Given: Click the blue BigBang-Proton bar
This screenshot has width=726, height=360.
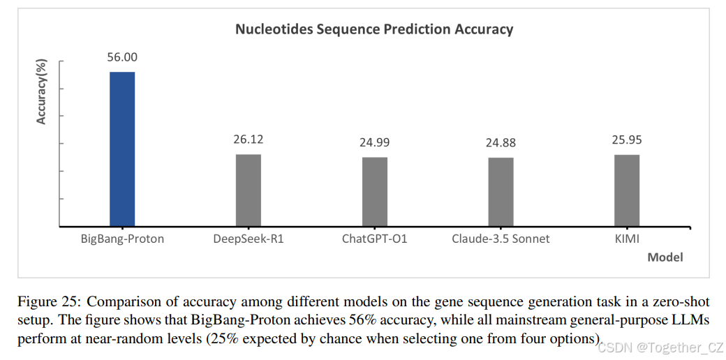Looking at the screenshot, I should (122, 149).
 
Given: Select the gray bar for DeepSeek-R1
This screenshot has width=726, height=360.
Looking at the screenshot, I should (248, 190).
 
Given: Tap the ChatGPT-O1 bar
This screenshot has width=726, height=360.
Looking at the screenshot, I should (374, 192).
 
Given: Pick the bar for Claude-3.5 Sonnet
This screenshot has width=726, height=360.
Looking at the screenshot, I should (501, 192).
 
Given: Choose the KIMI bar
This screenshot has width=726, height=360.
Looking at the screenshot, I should (627, 190).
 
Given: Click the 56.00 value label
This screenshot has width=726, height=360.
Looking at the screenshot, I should (121, 58).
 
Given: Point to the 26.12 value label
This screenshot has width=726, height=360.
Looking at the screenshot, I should (248, 140).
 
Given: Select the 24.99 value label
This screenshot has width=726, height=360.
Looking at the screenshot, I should (374, 143).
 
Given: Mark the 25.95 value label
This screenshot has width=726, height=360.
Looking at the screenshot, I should (627, 140).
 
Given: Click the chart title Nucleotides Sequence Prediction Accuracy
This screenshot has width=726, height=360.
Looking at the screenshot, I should (373, 29).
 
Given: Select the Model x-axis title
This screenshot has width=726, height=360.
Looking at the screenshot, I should (665, 257).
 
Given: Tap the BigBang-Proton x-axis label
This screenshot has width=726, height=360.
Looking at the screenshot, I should (121, 239).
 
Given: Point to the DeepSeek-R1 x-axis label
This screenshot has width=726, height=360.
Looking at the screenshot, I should (249, 239).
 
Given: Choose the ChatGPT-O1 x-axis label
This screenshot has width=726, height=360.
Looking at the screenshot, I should (374, 239).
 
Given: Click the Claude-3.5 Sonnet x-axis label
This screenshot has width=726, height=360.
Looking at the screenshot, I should (501, 239).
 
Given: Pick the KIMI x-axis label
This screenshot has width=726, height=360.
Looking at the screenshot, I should (627, 239).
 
